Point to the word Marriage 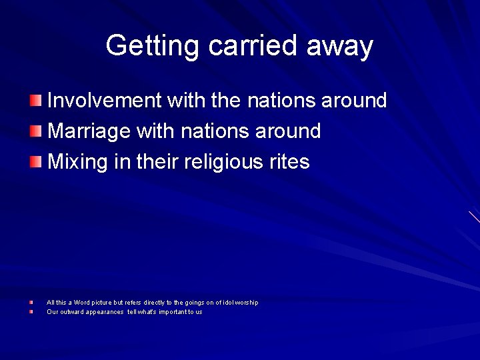point(89,131)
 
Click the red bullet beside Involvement point(35,101)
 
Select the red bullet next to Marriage point(35,131)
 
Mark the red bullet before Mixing point(35,161)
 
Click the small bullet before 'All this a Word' point(31,303)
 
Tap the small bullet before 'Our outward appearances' point(31,311)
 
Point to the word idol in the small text point(230,303)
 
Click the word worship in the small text point(248,303)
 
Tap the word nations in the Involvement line point(282,101)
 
